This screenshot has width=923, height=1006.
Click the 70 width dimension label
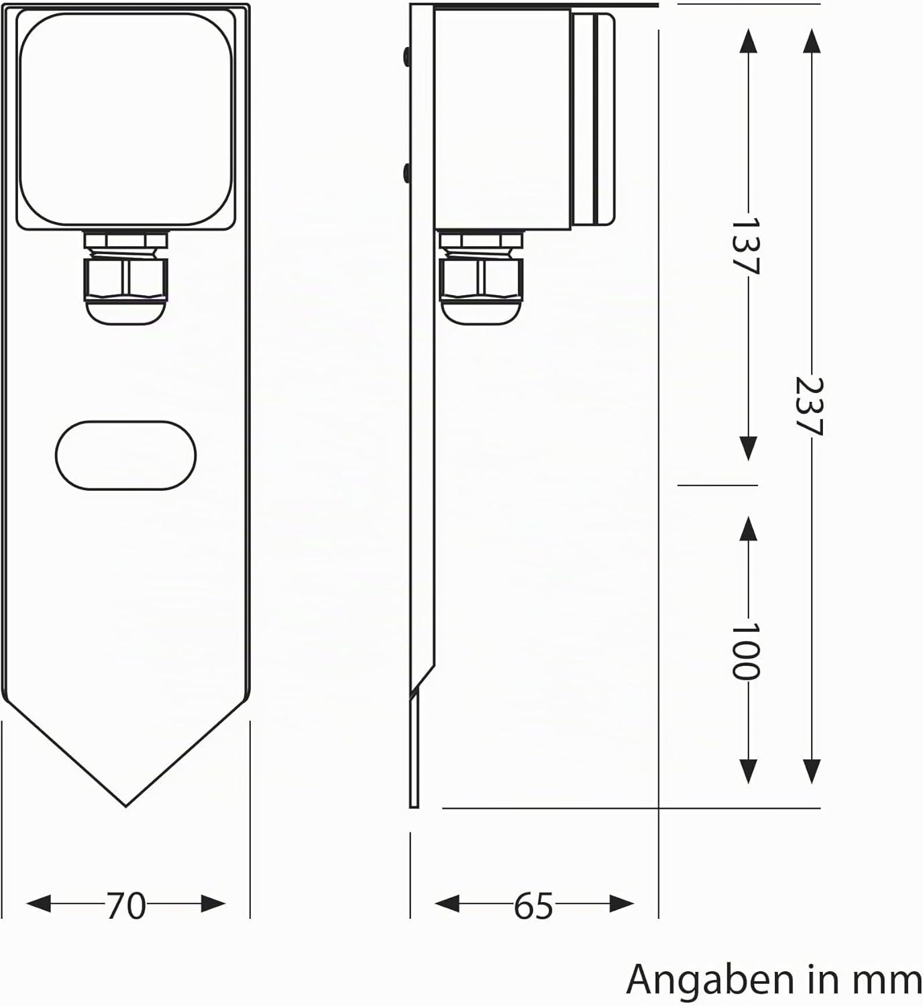(x=126, y=905)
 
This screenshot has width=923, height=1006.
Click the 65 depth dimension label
(x=533, y=905)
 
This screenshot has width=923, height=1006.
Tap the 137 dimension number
(x=746, y=245)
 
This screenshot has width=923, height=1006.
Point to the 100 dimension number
(x=746, y=651)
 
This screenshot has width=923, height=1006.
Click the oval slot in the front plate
(x=125, y=455)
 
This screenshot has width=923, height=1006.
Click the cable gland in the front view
(x=126, y=278)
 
